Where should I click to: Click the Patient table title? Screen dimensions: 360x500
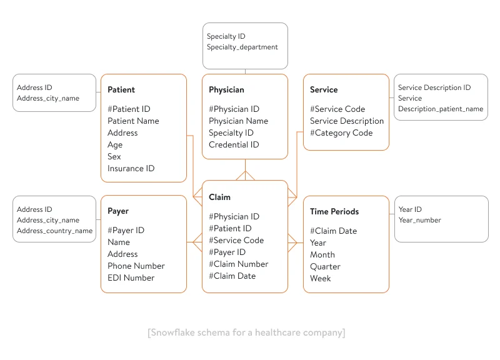[121, 90]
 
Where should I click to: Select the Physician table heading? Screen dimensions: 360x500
[226, 90]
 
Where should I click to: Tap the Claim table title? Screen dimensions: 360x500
[219, 197]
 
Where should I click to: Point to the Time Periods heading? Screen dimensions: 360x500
[334, 212]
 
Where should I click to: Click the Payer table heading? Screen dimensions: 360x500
[118, 211]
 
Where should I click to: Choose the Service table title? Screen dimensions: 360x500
[324, 90]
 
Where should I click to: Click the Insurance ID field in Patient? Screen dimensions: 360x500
[131, 169]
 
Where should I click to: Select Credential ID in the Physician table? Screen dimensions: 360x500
[234, 145]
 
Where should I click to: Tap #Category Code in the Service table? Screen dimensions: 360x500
[341, 133]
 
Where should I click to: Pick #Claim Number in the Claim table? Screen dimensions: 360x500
[239, 264]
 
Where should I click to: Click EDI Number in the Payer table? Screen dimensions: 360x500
[131, 278]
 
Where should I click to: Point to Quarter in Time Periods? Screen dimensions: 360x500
[325, 267]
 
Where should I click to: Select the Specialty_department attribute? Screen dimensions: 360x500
[242, 47]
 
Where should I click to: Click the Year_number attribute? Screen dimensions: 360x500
[419, 220]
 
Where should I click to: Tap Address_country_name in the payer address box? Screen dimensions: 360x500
[54, 231]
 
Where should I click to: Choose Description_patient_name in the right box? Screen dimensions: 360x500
[441, 109]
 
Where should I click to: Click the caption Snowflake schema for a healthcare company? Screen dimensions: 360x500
[246, 332]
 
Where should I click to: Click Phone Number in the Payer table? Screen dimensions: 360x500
[136, 266]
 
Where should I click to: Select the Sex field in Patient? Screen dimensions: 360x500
[114, 157]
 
